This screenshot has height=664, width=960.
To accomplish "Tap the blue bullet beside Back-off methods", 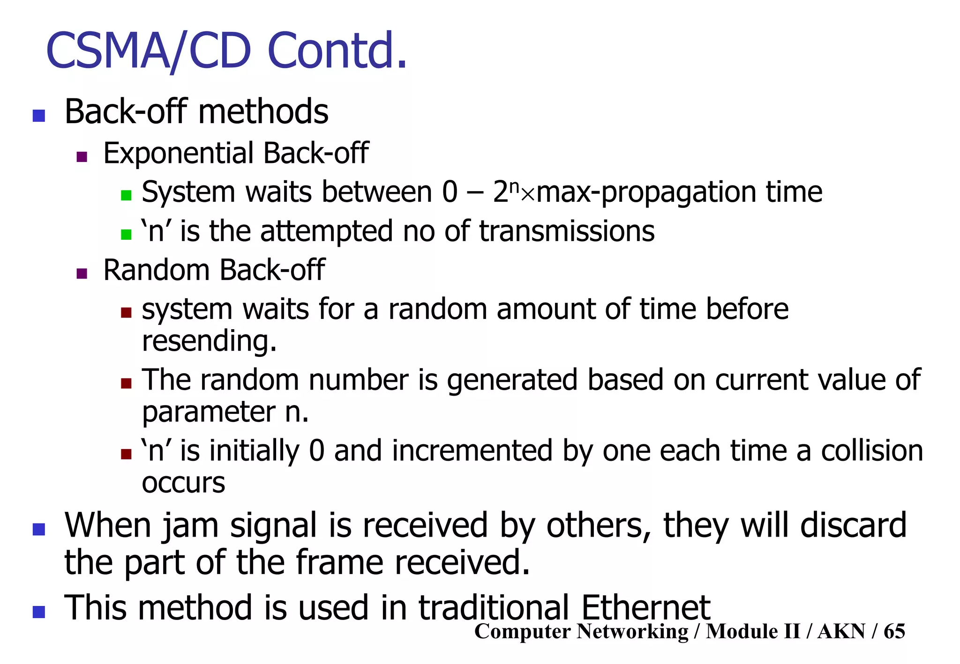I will (39, 115).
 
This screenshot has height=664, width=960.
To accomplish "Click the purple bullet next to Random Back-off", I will (82, 273).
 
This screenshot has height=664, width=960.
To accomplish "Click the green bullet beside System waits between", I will (126, 195).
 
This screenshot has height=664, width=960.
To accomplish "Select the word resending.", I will (209, 340).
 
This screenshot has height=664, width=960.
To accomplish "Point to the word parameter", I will (209, 412).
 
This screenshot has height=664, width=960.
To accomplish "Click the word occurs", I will (183, 483).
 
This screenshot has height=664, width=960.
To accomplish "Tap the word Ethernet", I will (645, 608).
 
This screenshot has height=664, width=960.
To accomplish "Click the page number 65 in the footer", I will (894, 631).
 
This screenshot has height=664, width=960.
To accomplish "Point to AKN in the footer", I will (841, 631).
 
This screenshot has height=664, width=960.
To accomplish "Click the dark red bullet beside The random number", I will (126, 384).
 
